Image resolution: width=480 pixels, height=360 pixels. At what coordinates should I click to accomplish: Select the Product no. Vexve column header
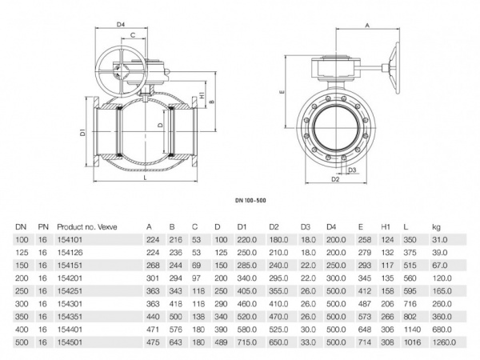click(x=87, y=227)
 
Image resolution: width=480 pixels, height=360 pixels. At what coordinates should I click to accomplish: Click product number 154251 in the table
click(x=71, y=292)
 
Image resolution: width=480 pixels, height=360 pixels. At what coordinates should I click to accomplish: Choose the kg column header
click(x=436, y=227)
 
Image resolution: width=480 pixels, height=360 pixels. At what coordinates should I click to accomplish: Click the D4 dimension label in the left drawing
click(x=122, y=24)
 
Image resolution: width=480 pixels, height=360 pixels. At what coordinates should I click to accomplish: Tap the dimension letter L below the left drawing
click(x=143, y=181)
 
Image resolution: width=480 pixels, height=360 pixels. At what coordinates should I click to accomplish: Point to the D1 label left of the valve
click(x=82, y=132)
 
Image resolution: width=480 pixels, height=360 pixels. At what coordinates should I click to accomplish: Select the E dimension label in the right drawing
click(x=283, y=93)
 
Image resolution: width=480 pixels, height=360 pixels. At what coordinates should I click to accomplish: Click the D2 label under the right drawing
click(x=336, y=181)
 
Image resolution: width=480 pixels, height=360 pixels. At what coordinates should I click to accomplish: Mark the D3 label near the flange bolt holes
click(x=352, y=170)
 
